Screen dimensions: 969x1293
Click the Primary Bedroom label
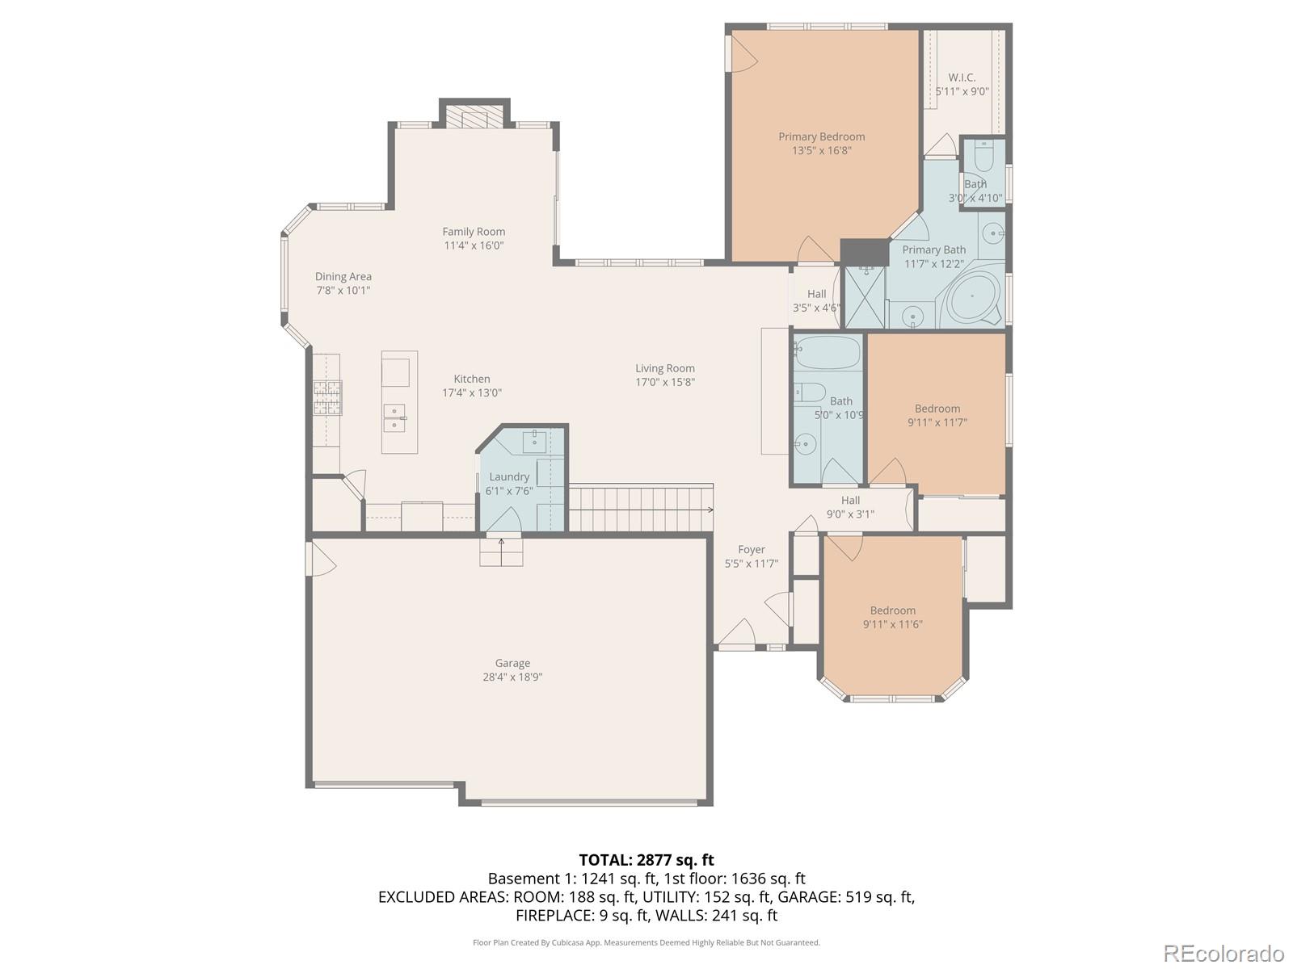pyautogui.click(x=821, y=137)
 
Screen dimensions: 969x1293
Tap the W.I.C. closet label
pyautogui.click(x=962, y=78)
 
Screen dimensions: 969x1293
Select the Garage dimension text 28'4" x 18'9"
pyautogui.click(x=512, y=677)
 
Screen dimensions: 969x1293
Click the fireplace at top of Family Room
pyautogui.click(x=474, y=116)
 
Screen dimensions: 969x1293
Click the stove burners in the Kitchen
pyautogui.click(x=327, y=397)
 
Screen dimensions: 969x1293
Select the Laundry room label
pyautogui.click(x=509, y=477)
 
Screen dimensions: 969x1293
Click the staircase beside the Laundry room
pyautogui.click(x=640, y=508)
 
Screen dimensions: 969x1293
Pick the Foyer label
pyautogui.click(x=751, y=550)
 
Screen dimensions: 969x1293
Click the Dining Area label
pyautogui.click(x=343, y=277)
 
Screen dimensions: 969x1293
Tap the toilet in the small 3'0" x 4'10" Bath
pyautogui.click(x=983, y=156)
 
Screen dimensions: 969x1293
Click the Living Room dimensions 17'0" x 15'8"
pyautogui.click(x=665, y=383)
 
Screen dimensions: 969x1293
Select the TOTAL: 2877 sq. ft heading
pyautogui.click(x=646, y=860)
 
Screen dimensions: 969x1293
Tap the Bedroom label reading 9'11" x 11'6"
pyautogui.click(x=892, y=624)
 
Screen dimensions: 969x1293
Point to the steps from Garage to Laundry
pyautogui.click(x=501, y=553)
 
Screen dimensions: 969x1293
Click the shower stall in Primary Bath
pyautogui.click(x=864, y=297)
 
